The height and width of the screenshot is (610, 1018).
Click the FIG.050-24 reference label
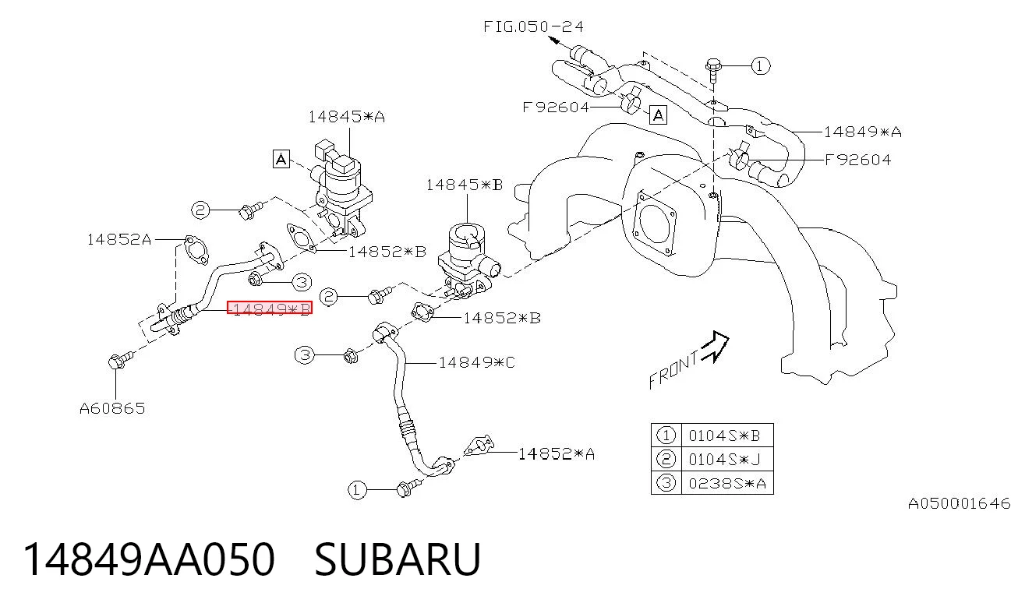point(533,26)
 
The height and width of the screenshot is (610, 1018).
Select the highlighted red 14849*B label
point(270,308)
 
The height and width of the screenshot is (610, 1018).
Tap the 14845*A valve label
point(346,117)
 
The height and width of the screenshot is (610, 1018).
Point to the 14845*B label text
point(464,185)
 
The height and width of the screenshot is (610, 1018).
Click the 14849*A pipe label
point(863,132)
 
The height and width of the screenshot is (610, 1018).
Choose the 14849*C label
point(477,362)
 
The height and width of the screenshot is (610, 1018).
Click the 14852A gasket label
point(119,239)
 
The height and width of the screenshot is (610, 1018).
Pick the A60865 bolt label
point(112,408)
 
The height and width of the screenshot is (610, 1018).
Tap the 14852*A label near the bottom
point(557,453)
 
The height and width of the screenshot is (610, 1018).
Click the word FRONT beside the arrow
point(673,370)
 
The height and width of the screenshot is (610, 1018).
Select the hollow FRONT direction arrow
point(716,346)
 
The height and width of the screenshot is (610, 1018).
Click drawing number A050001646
point(959,503)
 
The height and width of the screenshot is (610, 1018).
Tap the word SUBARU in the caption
point(398,559)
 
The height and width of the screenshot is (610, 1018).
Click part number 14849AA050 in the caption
point(149,559)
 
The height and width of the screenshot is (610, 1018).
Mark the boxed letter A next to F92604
point(658,115)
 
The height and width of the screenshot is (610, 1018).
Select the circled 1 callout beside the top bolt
point(761,66)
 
